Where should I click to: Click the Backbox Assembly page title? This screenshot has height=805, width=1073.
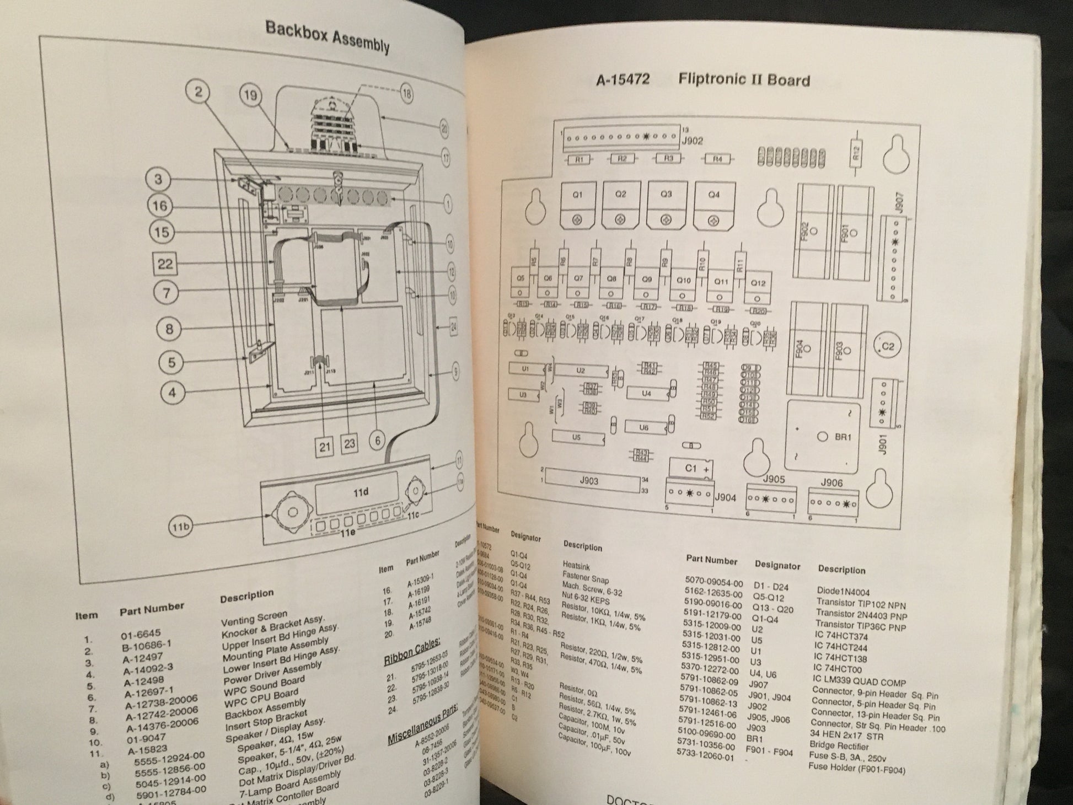[328, 37]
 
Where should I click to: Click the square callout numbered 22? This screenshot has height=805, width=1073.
[165, 264]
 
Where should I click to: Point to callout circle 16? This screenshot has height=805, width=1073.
[160, 206]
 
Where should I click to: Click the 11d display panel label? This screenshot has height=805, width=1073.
[361, 492]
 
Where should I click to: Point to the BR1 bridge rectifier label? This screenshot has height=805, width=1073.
[843, 437]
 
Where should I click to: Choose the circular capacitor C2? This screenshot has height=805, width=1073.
[888, 347]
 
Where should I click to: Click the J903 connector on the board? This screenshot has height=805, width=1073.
[589, 481]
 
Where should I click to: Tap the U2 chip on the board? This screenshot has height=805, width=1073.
[580, 371]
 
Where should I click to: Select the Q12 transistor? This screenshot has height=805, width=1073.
[758, 283]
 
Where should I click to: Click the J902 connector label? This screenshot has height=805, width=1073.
[693, 141]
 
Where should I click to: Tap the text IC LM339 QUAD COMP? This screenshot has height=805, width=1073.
[859, 683]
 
